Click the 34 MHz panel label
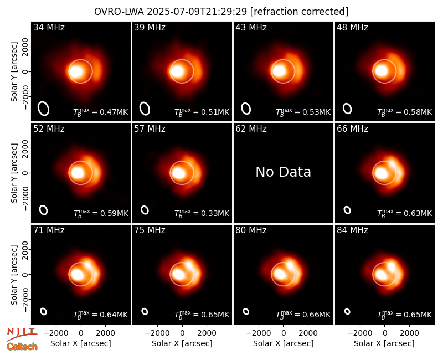[49, 27]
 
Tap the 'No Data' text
[283, 172]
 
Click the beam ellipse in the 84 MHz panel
[347, 311]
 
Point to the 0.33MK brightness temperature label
[202, 213]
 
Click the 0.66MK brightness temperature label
[303, 315]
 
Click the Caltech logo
[22, 347]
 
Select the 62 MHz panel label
[251, 129]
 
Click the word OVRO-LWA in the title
[119, 12]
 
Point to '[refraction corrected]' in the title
[299, 12]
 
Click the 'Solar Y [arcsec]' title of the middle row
[14, 173]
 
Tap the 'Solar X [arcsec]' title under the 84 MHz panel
[384, 343]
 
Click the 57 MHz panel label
[150, 129]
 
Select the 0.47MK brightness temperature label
[101, 112]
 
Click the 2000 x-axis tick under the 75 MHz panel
[207, 333]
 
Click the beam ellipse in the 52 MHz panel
[44, 210]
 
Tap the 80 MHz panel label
[251, 230]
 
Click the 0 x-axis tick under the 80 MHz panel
[284, 333]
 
